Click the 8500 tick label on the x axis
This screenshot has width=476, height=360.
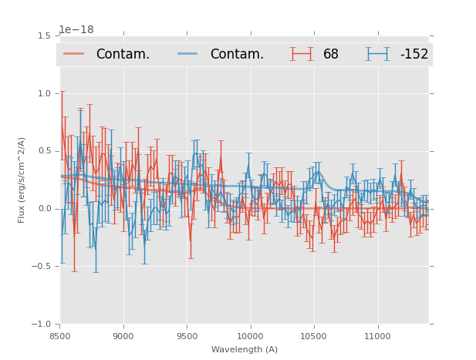pos(60,336)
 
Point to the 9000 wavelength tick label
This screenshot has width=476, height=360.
pos(123,336)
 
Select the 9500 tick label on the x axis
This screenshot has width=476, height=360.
pos(187,336)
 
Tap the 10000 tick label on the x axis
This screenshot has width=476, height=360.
pos(250,336)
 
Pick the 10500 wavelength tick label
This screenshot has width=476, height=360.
pos(313,336)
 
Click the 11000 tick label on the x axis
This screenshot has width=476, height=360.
pos(377,336)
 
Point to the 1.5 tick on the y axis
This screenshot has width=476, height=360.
pos(44,35)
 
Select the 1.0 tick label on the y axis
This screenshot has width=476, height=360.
pos(44,93)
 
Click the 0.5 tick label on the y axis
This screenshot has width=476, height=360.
pos(44,151)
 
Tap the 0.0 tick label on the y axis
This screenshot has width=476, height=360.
pos(44,209)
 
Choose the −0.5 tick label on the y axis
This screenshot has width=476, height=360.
pos(42,267)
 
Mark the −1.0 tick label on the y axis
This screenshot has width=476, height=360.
pos(42,325)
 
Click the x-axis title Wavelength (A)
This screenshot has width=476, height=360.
pos(245,349)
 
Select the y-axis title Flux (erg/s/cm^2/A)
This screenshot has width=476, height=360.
pos(22,180)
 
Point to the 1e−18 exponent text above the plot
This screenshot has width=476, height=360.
pos(76,29)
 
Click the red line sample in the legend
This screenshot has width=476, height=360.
pos(74,54)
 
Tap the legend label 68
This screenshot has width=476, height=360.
pos(331,54)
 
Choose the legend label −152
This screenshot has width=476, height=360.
pos(414,54)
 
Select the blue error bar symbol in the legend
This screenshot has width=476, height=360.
pos(378,54)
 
